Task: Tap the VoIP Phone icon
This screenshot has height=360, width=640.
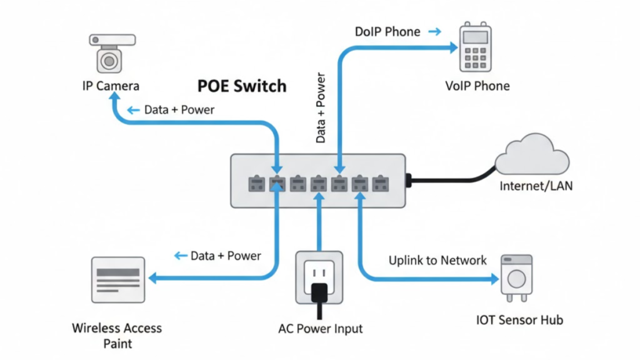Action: point(473,48)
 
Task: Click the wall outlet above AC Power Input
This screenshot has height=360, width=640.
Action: point(319,277)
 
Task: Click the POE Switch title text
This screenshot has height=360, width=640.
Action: point(242,86)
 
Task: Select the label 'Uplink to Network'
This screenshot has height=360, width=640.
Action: point(437,260)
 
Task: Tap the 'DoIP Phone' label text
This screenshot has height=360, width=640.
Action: point(387,31)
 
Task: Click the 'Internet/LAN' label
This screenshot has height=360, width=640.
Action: point(536,186)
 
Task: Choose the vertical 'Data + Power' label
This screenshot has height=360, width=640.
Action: point(321,108)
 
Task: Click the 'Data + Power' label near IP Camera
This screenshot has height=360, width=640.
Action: point(179,110)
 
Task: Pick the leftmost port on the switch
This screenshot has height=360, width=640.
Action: point(257,183)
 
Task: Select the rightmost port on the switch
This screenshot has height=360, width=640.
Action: point(380,183)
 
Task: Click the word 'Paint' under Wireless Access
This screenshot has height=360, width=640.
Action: point(117,343)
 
